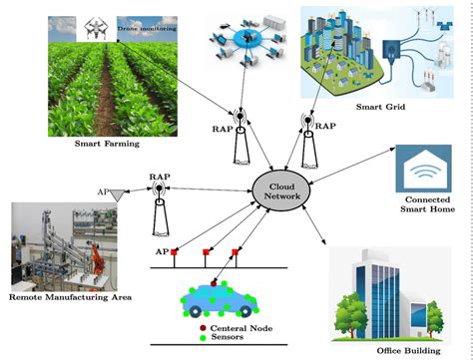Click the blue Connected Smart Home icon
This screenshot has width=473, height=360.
click(x=424, y=173)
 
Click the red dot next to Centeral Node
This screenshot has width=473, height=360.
click(x=204, y=327)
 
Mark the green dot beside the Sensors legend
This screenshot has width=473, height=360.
click(x=204, y=338)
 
